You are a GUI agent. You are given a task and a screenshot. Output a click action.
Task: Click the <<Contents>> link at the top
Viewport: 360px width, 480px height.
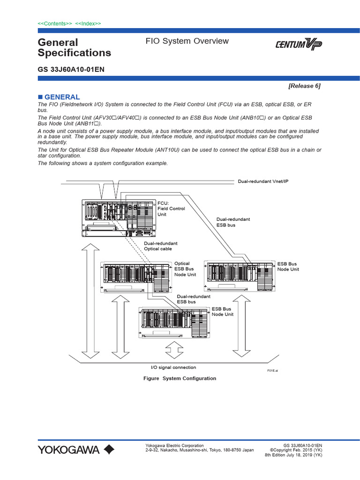(x=54, y=23)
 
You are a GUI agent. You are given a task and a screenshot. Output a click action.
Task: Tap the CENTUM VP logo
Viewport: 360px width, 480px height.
(x=298, y=45)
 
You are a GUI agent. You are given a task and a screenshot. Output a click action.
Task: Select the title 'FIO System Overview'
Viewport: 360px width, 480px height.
(x=187, y=41)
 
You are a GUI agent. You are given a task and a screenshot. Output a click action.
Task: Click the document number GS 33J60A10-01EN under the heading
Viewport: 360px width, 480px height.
(x=71, y=69)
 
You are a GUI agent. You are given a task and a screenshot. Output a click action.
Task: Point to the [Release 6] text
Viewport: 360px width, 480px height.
(x=304, y=86)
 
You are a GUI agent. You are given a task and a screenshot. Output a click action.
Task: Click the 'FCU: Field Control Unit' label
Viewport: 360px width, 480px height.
(x=171, y=209)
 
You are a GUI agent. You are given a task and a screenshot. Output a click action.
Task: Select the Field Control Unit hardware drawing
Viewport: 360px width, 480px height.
(x=118, y=216)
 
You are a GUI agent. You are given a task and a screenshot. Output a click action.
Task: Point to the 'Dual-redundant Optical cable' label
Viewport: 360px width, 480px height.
(x=160, y=246)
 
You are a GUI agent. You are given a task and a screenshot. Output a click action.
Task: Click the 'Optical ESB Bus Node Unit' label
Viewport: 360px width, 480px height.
(x=185, y=269)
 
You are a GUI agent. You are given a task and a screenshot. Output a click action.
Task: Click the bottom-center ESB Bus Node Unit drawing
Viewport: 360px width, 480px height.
(x=173, y=322)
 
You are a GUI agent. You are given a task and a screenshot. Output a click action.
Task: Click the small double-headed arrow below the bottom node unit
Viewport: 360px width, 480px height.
(x=174, y=350)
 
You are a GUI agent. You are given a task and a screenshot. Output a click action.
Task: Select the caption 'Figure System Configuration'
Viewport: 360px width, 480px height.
(x=180, y=378)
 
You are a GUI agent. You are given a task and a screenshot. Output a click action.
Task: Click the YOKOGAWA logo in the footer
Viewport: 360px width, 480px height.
(x=76, y=450)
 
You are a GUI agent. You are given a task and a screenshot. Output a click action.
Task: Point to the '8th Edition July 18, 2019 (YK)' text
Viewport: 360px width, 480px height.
(x=293, y=455)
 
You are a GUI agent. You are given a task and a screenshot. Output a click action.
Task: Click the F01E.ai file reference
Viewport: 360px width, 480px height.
(x=272, y=370)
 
